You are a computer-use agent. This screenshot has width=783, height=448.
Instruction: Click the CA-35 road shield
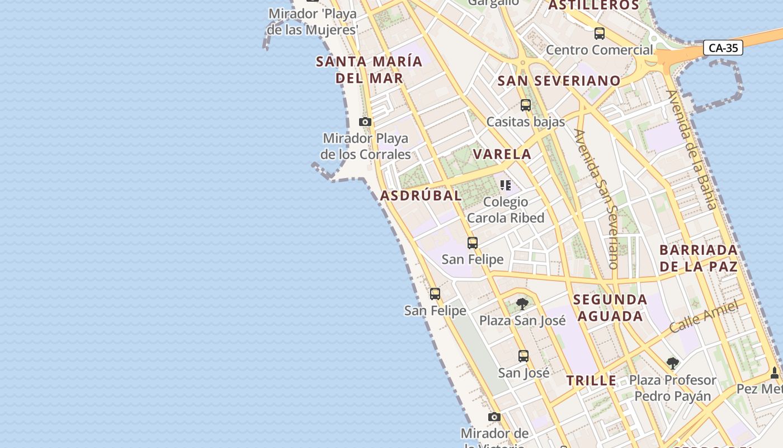(x=723, y=48)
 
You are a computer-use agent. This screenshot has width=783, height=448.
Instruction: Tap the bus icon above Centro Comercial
(x=600, y=34)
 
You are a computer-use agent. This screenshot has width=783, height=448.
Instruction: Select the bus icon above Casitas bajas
(x=525, y=105)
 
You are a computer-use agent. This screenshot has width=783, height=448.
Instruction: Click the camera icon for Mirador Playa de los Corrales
(x=365, y=122)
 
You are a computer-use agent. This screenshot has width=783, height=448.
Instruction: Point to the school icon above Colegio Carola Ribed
(x=506, y=185)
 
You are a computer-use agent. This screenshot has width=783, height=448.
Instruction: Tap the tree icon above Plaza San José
(x=522, y=304)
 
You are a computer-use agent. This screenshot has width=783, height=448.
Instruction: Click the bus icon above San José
(x=523, y=356)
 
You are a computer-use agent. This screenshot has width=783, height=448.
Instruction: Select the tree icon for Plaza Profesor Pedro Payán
(x=672, y=363)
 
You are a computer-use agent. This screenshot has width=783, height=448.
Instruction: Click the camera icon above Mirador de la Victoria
(x=494, y=417)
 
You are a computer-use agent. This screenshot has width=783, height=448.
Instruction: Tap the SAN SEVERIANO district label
(x=559, y=81)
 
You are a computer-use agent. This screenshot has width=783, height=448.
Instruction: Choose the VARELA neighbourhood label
(x=502, y=154)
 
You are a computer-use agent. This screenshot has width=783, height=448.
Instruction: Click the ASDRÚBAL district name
(x=421, y=195)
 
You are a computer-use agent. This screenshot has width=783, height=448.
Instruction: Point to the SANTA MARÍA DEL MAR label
(x=369, y=69)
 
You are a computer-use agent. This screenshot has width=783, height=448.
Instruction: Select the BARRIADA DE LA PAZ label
(x=699, y=258)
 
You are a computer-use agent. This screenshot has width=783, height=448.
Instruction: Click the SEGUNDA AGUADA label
(x=610, y=307)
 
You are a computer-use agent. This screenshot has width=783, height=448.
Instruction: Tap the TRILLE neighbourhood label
(x=591, y=381)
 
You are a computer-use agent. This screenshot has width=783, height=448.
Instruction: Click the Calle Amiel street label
(x=707, y=316)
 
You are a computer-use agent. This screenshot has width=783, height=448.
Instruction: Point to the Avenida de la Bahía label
(x=691, y=150)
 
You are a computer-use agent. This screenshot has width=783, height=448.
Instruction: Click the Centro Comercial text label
(x=599, y=50)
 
